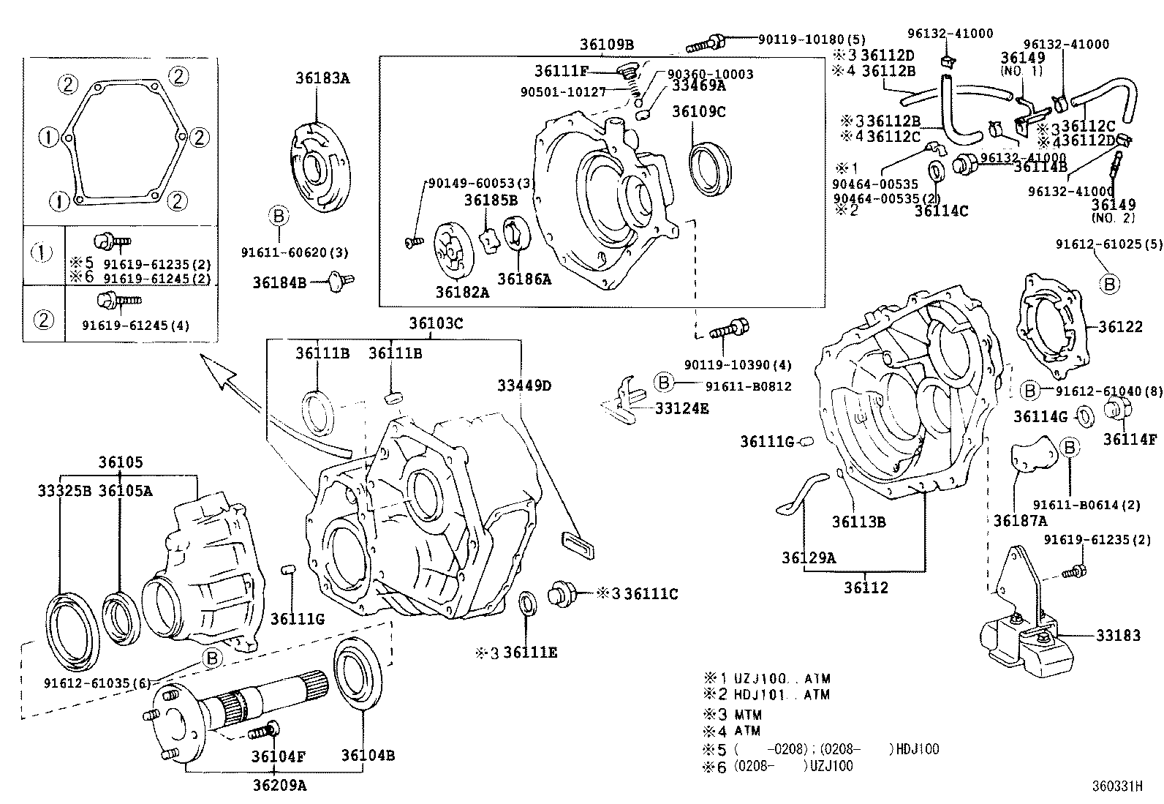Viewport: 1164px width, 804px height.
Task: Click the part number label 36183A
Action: pyautogui.click(x=322, y=78)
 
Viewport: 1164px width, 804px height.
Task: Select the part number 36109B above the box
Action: pyautogui.click(x=607, y=44)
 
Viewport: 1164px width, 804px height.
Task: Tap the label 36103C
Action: pyautogui.click(x=436, y=323)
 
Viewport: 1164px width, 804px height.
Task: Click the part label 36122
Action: pyautogui.click(x=1119, y=327)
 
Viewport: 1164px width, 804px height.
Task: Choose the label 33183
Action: pyautogui.click(x=1118, y=636)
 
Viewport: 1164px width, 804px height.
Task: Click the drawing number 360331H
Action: pyautogui.click(x=1117, y=786)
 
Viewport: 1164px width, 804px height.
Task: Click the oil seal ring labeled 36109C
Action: pyautogui.click(x=709, y=170)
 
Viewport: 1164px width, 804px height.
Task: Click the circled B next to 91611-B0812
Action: pyautogui.click(x=662, y=382)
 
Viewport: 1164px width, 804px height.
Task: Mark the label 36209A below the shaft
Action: pyautogui.click(x=279, y=786)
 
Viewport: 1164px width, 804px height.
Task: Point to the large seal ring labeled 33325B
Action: pyautogui.click(x=73, y=621)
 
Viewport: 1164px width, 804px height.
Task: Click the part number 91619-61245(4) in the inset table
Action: pyautogui.click(x=135, y=326)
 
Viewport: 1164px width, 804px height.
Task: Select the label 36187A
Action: pyautogui.click(x=1020, y=521)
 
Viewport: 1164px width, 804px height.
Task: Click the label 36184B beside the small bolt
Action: pyautogui.click(x=279, y=282)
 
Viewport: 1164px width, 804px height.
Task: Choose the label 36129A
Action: pyautogui.click(x=808, y=557)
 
